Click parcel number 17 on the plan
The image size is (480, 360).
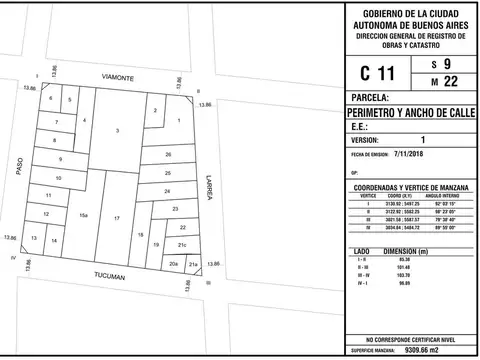tap(117, 218)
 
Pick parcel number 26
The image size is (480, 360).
tap(168, 155)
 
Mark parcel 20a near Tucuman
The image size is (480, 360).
tap(173, 264)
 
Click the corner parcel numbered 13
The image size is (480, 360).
tap(35, 239)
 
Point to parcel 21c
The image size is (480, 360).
tap(181, 245)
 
